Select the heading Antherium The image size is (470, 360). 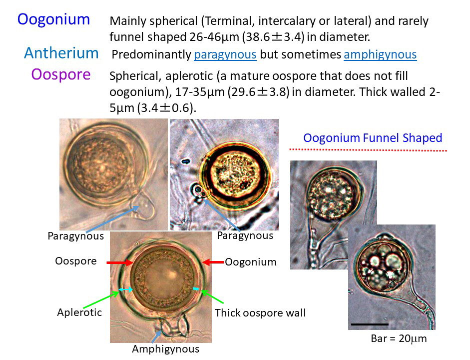[x=61, y=53]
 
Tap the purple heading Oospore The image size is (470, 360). [x=61, y=74]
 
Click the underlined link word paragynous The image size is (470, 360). [x=225, y=54]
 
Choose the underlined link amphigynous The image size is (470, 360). [x=380, y=54]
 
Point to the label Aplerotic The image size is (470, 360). [x=79, y=312]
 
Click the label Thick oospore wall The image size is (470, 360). [x=260, y=313]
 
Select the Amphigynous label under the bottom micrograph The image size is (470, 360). [x=166, y=349]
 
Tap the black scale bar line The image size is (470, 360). [x=370, y=324]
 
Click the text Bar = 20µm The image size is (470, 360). [x=399, y=338]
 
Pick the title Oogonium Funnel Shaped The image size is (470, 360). [x=373, y=138]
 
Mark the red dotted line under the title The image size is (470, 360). [x=368, y=149]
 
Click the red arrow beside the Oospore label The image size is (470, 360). [x=120, y=263]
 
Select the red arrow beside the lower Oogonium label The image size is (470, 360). [x=213, y=262]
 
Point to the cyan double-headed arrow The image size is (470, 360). [x=125, y=289]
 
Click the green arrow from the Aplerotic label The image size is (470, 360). [x=101, y=299]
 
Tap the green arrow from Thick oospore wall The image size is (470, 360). [x=212, y=296]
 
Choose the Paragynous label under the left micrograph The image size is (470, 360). [x=76, y=236]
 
